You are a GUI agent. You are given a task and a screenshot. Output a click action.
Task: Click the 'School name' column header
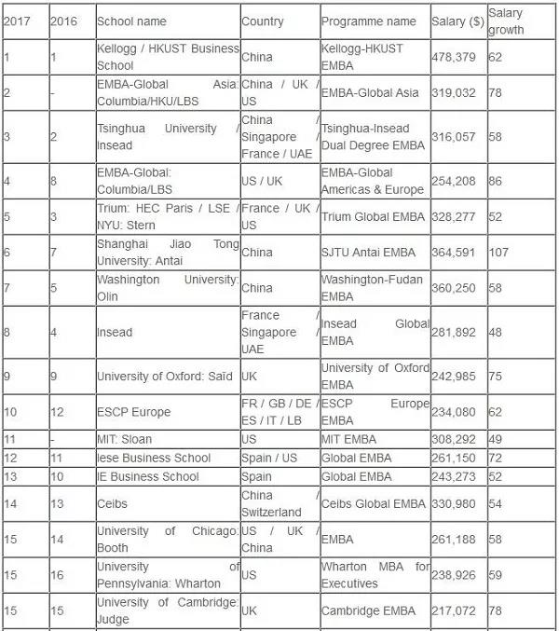132,21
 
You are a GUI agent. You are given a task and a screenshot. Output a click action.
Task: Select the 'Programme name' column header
368,21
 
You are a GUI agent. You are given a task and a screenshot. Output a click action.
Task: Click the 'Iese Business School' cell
154,458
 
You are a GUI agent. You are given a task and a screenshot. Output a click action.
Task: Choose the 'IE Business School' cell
148,476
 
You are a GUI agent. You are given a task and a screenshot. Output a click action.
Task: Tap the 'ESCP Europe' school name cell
133,412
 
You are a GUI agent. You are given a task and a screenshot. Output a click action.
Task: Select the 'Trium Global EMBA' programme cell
372,217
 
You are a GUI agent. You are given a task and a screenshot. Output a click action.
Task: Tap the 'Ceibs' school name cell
113,503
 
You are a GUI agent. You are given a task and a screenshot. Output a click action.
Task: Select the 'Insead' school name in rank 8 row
115,332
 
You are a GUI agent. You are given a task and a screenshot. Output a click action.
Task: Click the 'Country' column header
262,21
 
